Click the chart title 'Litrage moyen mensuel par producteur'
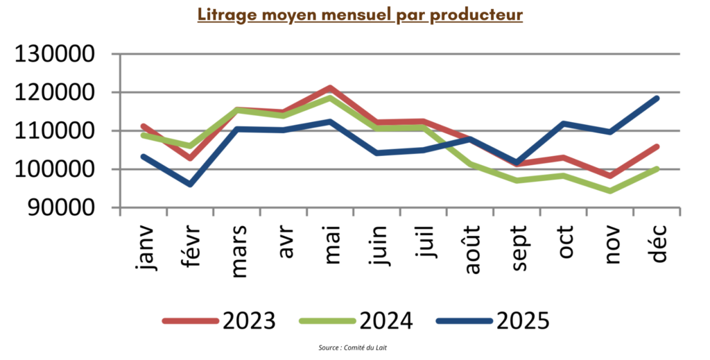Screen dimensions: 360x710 359,15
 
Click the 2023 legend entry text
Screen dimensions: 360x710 250,320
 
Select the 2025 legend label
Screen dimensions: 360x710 523,320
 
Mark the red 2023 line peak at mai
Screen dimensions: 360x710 331,88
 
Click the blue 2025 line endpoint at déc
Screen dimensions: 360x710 656,98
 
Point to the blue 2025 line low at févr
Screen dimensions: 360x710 190,185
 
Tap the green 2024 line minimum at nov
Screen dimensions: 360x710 609,191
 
